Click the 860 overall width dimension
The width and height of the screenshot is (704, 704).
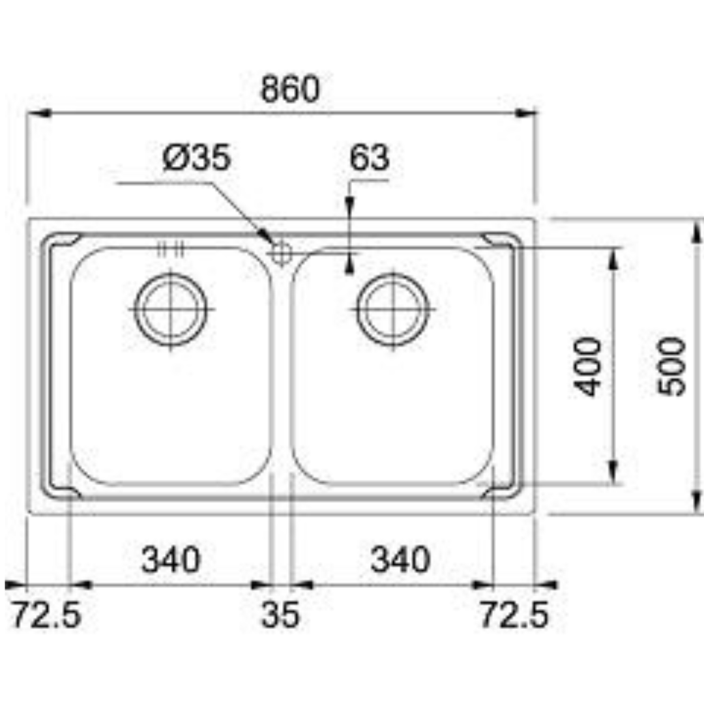(290, 89)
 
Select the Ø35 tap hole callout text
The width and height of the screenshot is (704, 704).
(196, 158)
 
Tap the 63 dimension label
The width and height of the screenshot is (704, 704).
(369, 158)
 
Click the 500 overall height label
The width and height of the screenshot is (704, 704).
(672, 366)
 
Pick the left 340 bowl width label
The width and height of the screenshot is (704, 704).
(171, 560)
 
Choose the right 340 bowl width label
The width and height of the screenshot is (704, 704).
(400, 560)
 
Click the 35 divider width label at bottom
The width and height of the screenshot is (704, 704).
(280, 615)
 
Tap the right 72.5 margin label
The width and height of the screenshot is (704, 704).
(514, 615)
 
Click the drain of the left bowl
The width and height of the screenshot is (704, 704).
(170, 309)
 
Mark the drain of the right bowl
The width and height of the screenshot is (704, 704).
(394, 309)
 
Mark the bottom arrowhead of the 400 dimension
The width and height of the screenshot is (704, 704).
(612, 472)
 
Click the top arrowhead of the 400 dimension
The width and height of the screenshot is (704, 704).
(612, 259)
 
